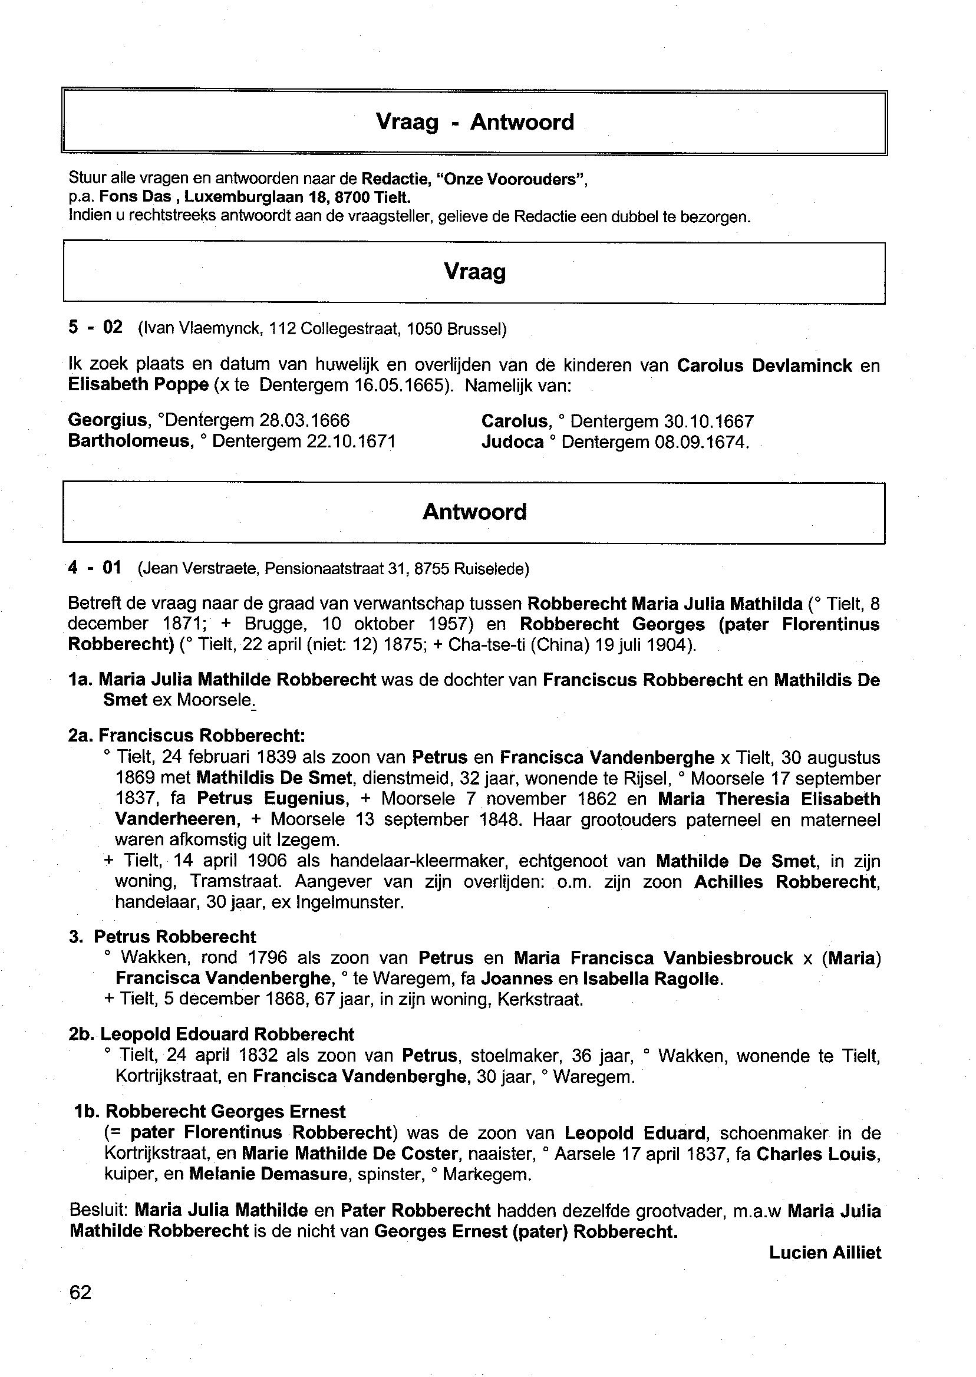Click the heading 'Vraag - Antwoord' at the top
pos(475,122)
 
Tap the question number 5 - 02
pos(95,328)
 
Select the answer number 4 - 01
pos(95,568)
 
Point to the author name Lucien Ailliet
pos(825,1253)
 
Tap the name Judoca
pos(512,442)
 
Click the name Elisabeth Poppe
pos(139,385)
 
